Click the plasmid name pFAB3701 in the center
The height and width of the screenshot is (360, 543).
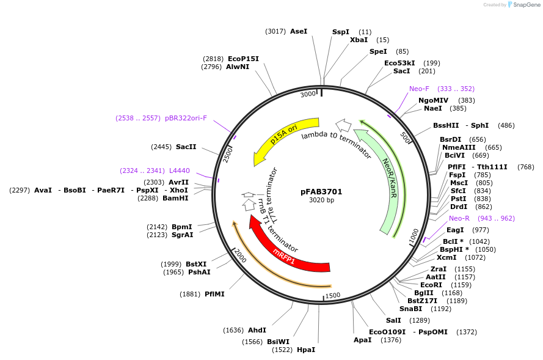[x=321, y=191]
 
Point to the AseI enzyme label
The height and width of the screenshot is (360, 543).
[x=299, y=31]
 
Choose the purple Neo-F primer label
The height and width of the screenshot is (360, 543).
[x=419, y=89]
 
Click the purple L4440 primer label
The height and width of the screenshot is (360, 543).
[x=179, y=171]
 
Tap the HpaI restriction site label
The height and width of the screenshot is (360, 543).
[x=306, y=350]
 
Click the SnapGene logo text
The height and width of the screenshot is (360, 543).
[x=527, y=5]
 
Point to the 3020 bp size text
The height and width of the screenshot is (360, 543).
[x=321, y=200]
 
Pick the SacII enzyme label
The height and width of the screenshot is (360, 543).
[x=186, y=147]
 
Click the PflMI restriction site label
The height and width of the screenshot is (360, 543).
[x=214, y=294]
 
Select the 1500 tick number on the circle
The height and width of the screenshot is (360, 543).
[x=333, y=295]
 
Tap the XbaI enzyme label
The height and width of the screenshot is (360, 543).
[x=359, y=40]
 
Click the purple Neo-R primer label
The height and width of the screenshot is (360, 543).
[x=459, y=218]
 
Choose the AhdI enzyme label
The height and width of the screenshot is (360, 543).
[x=257, y=330]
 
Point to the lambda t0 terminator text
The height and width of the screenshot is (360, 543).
[x=336, y=144]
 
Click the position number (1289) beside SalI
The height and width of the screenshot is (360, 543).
[x=420, y=320]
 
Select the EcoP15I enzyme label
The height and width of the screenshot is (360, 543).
[x=243, y=59]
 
